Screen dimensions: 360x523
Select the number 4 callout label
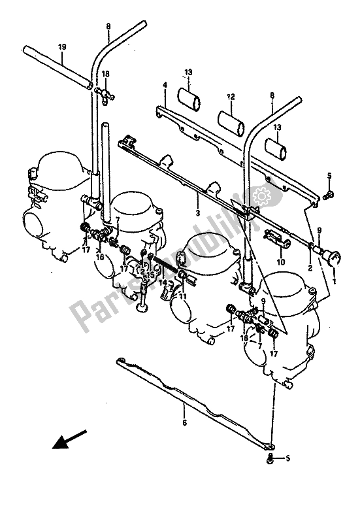pyautogui.click(x=165, y=85)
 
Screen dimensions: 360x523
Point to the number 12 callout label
pyautogui.click(x=231, y=96)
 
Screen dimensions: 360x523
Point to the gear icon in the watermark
pyautogui.click(x=263, y=195)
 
